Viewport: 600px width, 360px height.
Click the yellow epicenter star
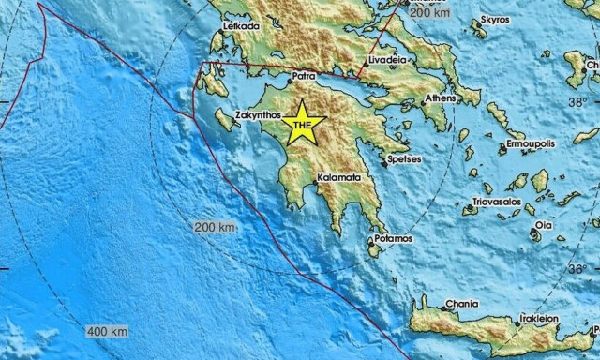tap(303, 124)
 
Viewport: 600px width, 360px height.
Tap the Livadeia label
tap(386, 59)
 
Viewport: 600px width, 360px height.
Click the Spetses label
tap(404, 159)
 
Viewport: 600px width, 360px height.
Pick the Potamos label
tap(393, 239)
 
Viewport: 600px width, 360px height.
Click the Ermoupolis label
tap(532, 145)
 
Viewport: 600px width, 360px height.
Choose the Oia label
tap(544, 225)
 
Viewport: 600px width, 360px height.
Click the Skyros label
tap(494, 19)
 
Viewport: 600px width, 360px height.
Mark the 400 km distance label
tap(107, 332)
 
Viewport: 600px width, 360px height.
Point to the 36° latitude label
tap(582, 268)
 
